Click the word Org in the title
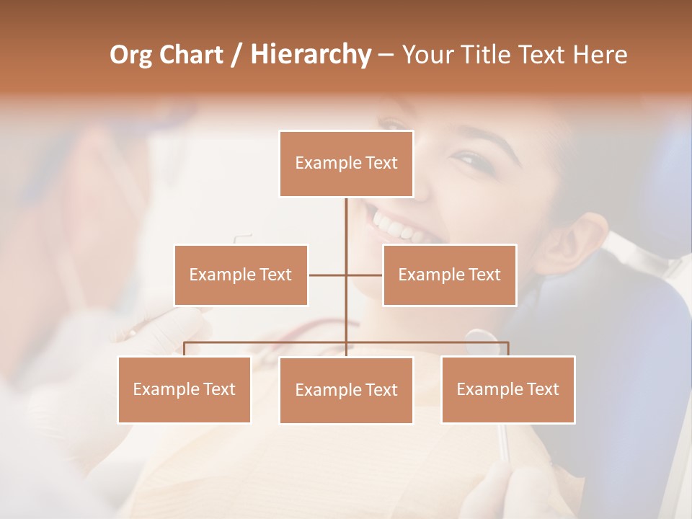click(132, 55)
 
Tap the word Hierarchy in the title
click(310, 55)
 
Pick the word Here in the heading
click(599, 55)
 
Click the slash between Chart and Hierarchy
click(236, 56)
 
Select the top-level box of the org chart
click(346, 164)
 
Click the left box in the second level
click(241, 275)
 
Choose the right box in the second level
click(449, 275)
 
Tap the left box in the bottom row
click(184, 389)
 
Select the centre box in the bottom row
click(346, 390)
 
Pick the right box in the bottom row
click(507, 389)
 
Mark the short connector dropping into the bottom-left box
click(184, 349)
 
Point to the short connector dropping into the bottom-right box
click(507, 349)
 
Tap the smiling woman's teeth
click(396, 226)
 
